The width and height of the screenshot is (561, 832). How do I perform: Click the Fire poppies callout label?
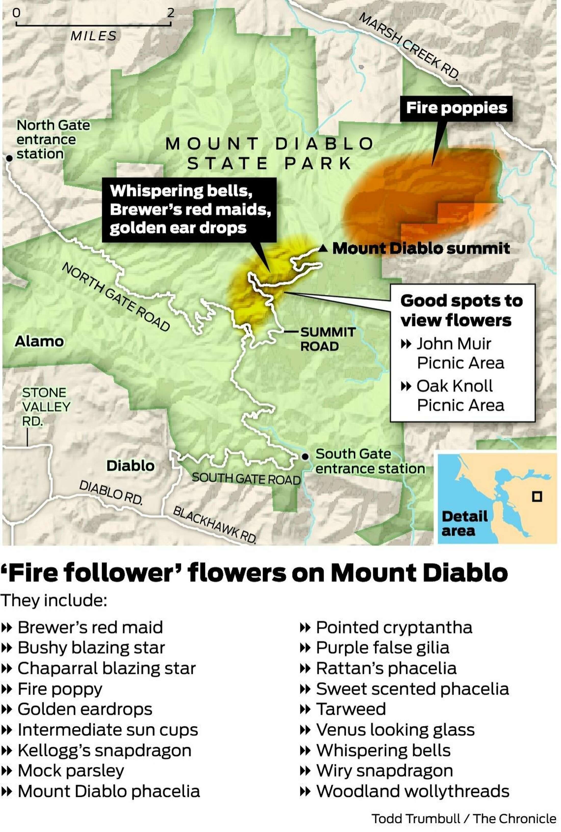(456, 108)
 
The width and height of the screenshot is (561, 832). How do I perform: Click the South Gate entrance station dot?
(305, 457)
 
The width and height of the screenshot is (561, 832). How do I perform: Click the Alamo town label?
(39, 341)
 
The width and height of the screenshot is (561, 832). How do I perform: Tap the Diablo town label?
(131, 466)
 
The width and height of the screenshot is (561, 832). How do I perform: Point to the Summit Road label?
(327, 339)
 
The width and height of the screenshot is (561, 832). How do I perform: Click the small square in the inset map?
(537, 497)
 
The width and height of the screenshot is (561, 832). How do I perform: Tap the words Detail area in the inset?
(464, 523)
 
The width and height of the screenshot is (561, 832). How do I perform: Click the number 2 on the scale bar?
(171, 13)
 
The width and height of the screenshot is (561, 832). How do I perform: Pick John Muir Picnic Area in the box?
(460, 353)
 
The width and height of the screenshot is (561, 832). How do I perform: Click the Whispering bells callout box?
(190, 209)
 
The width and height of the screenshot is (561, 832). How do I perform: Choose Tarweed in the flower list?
(351, 709)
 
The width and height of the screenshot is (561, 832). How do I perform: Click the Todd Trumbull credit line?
(464, 818)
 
